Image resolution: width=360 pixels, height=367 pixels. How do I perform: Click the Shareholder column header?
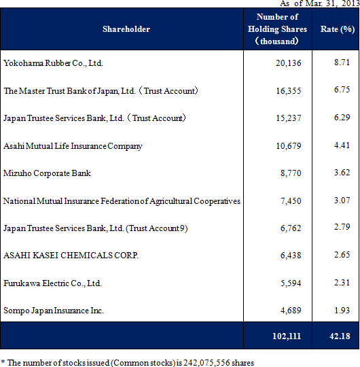pyautogui.click(x=126, y=29)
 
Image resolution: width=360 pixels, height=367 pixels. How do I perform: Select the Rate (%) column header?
pyautogui.click(x=338, y=29)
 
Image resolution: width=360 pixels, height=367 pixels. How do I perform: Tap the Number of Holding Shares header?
pyautogui.click(x=277, y=29)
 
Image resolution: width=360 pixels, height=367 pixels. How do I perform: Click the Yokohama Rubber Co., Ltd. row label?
pyautogui.click(x=53, y=63)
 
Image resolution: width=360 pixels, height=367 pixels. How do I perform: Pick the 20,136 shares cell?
pyautogui.click(x=288, y=63)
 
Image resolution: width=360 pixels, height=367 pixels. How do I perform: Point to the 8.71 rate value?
pyautogui.click(x=342, y=63)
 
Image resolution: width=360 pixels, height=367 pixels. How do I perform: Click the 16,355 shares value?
pyautogui.click(x=289, y=91)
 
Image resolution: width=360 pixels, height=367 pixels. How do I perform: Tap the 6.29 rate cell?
pyautogui.click(x=342, y=118)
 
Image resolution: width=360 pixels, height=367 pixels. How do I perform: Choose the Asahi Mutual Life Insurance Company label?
pyautogui.click(x=73, y=146)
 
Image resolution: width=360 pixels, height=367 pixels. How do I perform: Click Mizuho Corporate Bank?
pyautogui.click(x=47, y=173)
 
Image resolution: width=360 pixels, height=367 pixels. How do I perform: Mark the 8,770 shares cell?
pyautogui.click(x=291, y=173)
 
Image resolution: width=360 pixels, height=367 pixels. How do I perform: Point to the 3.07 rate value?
pyautogui.click(x=342, y=200)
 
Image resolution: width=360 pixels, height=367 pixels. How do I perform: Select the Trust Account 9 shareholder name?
pyautogui.click(x=96, y=228)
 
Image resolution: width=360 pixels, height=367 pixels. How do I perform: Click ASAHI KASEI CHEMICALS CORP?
pyautogui.click(x=71, y=256)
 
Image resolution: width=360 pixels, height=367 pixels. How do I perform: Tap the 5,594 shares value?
pyautogui.click(x=291, y=283)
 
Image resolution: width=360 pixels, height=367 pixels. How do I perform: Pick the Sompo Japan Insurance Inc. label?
pyautogui.click(x=54, y=311)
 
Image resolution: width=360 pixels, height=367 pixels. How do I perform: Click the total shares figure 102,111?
pyautogui.click(x=287, y=336)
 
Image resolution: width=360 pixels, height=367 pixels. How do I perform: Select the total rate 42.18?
pyautogui.click(x=340, y=336)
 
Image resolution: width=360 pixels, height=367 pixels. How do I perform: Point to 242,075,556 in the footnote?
pyautogui.click(x=206, y=363)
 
